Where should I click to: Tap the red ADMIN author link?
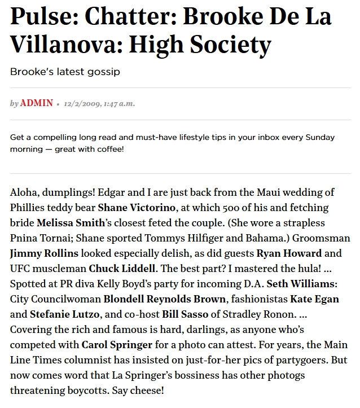[x=37, y=103]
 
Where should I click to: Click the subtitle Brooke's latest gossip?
[x=65, y=72]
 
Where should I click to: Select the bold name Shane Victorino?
[x=138, y=208]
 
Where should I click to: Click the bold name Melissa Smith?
[x=71, y=223]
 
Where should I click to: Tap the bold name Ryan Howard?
[x=289, y=253]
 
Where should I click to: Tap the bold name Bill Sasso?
[x=185, y=314]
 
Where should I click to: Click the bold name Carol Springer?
[x=117, y=344]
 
